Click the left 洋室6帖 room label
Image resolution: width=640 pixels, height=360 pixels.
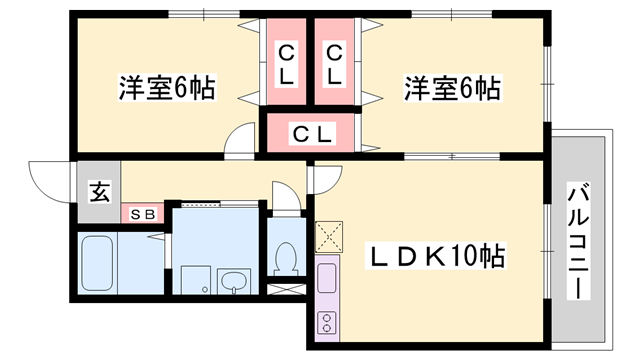click(x=167, y=87)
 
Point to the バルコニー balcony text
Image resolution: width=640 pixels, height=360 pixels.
click(x=577, y=239)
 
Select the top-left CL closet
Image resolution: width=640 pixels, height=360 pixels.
click(x=287, y=63)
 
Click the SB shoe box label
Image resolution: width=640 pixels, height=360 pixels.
click(x=142, y=213)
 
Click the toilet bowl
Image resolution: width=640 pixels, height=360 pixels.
click(x=287, y=258)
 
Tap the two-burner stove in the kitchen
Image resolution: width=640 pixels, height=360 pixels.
click(x=327, y=320)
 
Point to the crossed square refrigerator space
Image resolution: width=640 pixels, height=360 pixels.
click(x=329, y=236)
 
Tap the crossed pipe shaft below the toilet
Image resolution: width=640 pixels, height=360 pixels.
click(x=287, y=290)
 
